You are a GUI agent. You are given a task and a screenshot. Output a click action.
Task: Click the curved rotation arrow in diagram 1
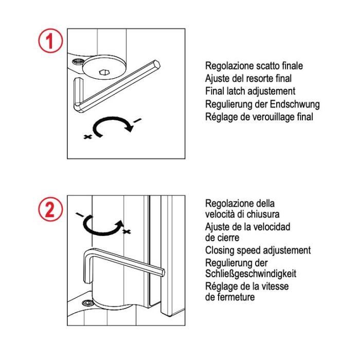click(110, 127)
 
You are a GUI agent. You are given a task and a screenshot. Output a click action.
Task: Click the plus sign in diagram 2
click(126, 232)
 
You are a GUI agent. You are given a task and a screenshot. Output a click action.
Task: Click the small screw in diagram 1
click(78, 63)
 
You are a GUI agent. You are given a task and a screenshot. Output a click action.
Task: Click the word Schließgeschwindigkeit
click(250, 273)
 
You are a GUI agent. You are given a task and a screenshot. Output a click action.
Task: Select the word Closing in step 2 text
click(220, 250)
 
